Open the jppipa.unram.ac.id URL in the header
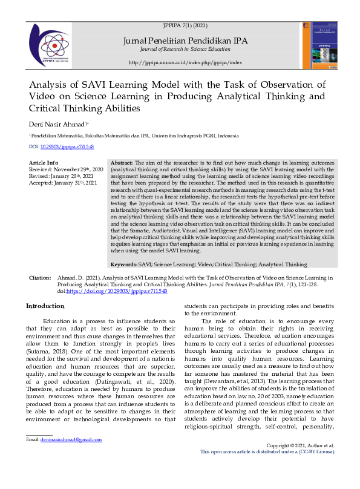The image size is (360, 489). (x=185, y=62)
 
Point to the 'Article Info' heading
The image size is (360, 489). (x=44, y=163)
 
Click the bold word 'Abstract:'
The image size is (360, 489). (x=122, y=163)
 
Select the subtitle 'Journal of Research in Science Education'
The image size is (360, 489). (x=185, y=48)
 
